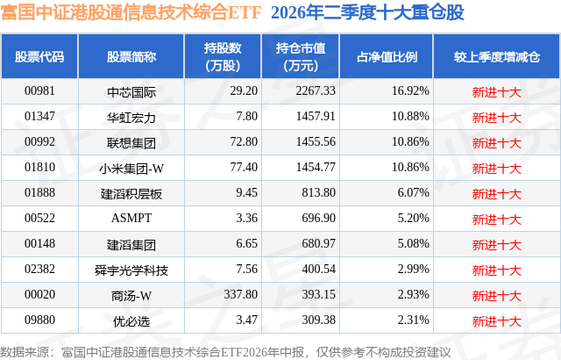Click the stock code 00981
point(39,91)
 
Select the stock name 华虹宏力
point(131,118)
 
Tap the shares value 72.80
point(244,142)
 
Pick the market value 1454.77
point(316,168)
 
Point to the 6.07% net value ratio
point(413,192)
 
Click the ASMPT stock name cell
point(131,218)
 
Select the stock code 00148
point(39,243)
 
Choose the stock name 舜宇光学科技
point(131,270)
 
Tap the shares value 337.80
point(241,294)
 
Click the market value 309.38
point(318,320)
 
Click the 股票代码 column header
point(39,57)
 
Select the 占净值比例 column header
point(387,57)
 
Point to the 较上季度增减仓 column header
point(497,57)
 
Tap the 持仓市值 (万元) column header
point(301,57)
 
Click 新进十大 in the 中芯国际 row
point(497,92)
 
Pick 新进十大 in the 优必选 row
point(497,321)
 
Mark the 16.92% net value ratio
point(410,91)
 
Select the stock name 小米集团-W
point(131,169)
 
